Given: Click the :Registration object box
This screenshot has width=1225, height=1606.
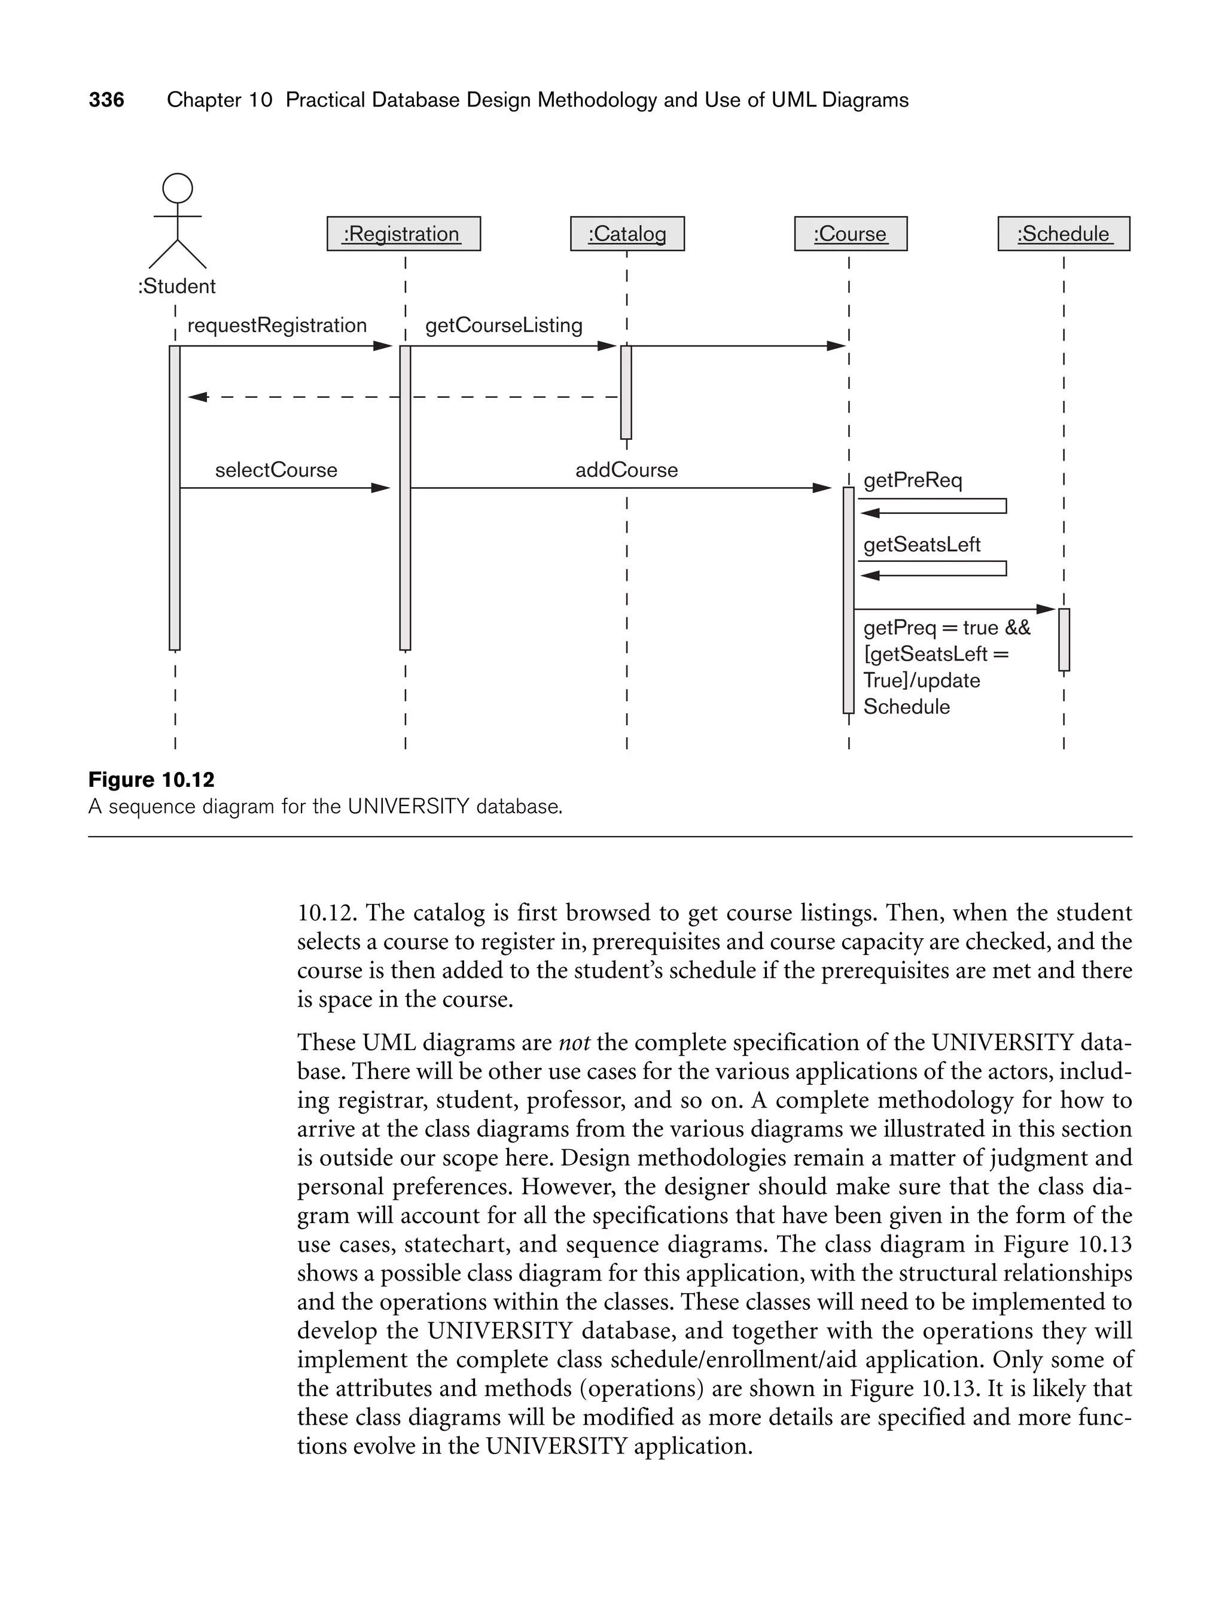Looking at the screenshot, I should [403, 233].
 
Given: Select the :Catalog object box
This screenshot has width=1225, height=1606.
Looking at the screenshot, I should [627, 233].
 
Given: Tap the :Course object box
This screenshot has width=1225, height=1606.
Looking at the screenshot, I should [850, 233].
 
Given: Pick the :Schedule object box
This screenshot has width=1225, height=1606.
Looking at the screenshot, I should [1063, 233].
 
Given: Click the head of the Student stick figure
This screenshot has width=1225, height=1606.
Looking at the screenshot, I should [177, 188].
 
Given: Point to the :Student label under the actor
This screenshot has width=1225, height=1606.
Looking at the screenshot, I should [176, 286].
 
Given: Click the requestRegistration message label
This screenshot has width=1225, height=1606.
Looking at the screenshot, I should [277, 326].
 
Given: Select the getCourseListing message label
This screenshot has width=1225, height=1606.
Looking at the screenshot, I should [504, 326].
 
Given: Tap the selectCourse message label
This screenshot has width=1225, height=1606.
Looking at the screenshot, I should [276, 470].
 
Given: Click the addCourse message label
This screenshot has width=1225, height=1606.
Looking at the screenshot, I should [626, 470].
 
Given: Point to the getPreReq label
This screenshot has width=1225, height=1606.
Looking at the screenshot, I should [912, 480].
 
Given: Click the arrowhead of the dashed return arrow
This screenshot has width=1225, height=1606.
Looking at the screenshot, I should [197, 397].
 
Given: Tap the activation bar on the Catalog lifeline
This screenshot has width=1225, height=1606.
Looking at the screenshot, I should [626, 392].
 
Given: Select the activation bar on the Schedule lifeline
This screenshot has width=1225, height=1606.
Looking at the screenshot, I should [1064, 639].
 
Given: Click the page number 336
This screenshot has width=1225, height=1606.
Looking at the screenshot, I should [106, 100].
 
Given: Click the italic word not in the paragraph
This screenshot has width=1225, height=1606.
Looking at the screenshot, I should [574, 1042].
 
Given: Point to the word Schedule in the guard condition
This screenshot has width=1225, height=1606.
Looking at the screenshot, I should [906, 707].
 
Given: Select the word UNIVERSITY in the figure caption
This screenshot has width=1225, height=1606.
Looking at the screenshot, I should [409, 807].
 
